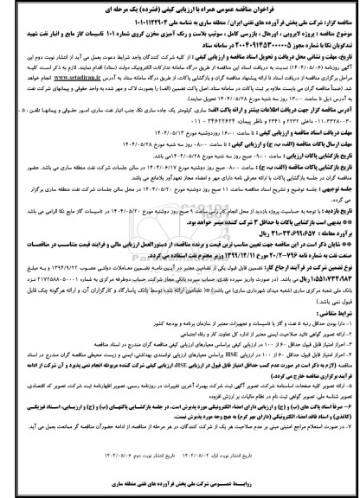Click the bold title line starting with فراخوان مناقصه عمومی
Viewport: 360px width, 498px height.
click(179, 8)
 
